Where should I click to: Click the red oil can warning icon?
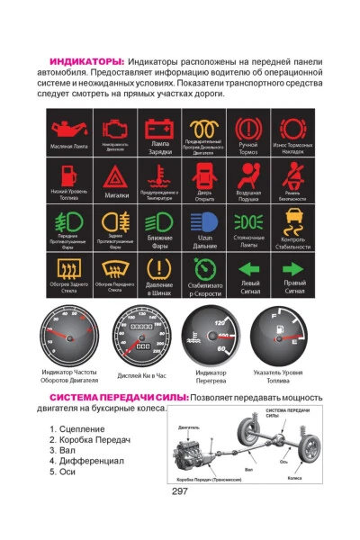click(x=68, y=129)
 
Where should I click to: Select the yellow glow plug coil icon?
click(x=204, y=127)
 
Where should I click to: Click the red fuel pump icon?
click(x=68, y=174)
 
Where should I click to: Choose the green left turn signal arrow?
click(x=248, y=267)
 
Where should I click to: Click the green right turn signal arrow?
click(x=293, y=267)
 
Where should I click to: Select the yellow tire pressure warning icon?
click(x=159, y=267)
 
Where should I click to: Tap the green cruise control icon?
click(x=204, y=266)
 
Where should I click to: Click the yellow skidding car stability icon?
click(x=293, y=220)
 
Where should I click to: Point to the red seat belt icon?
click(x=293, y=174)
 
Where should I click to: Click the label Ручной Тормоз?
click(x=248, y=148)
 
